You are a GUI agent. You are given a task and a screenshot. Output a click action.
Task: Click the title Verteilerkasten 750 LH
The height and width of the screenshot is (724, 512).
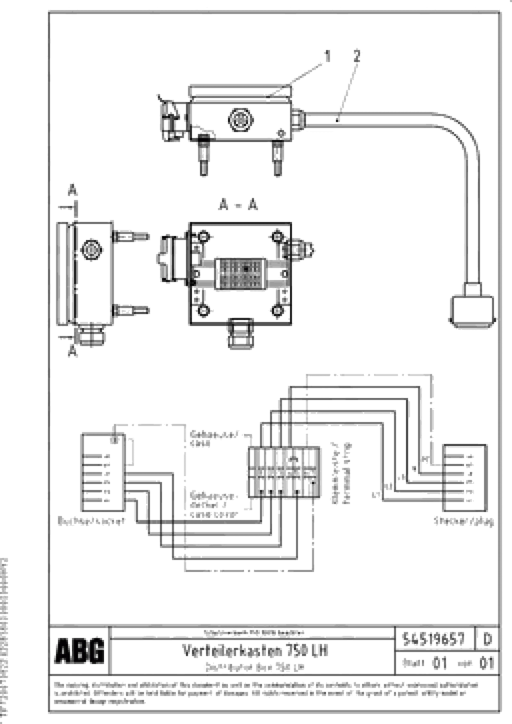pos(255,650)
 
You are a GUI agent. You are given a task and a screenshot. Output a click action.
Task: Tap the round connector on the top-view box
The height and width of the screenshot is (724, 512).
pos(240,120)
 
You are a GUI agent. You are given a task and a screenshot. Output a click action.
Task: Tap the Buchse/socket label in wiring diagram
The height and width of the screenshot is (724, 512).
pos(92,521)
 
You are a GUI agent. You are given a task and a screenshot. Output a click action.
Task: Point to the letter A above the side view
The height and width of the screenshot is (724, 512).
pos(73,190)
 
